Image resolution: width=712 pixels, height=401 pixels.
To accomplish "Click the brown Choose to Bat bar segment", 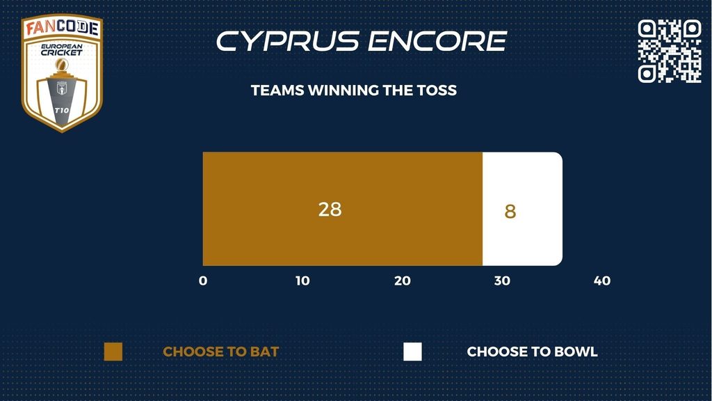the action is pos(342,209).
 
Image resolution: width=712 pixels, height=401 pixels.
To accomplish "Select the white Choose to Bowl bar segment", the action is pos(523,209).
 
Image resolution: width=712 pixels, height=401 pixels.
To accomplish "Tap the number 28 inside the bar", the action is pos(330,210).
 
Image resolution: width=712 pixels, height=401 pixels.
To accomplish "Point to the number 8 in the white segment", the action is pos(510,212).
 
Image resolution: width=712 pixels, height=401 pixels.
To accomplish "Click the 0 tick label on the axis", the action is pos(203,281).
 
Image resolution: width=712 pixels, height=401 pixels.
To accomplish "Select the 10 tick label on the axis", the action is pos(302,281).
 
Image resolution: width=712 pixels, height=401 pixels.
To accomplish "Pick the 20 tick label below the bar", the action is pos(403,281).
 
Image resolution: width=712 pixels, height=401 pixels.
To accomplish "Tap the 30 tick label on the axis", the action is pos(502,281).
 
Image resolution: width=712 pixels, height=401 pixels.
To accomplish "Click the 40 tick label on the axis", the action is pos(602,281).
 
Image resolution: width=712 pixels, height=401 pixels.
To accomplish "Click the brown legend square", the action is pos(113,352).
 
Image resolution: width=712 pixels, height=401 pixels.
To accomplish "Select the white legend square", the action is pos(412,352).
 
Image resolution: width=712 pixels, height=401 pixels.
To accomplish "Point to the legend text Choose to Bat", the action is pos(220,352).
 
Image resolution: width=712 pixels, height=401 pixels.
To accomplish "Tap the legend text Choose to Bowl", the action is pos(532,352).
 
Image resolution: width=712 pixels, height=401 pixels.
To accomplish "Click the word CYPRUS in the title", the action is pos(287,41).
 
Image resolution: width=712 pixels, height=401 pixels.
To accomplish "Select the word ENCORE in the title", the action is pos(437,41).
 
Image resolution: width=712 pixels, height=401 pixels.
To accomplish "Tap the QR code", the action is pos(670,51).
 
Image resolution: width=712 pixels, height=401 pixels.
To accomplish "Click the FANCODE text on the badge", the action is pos(62,28).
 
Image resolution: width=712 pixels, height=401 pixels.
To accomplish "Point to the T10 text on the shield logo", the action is pos(62,111).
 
